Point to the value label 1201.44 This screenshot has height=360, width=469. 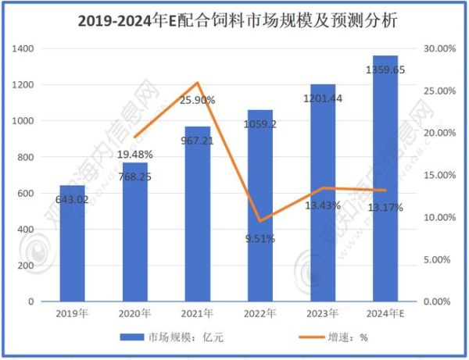[322, 98]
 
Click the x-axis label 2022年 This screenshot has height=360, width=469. [260, 314]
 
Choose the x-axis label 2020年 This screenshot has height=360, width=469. [134, 314]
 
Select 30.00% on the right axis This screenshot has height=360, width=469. [439, 48]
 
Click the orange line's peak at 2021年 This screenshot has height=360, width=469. [198, 83]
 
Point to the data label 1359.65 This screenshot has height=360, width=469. [385, 70]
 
